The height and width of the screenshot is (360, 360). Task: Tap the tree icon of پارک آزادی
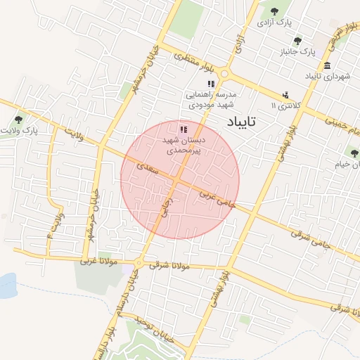pyautogui.click(x=274, y=11)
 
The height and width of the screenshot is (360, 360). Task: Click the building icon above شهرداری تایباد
pyautogui.click(x=328, y=65)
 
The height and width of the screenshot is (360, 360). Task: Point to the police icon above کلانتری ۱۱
pyautogui.click(x=285, y=95)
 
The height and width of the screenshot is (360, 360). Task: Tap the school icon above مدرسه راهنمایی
pyautogui.click(x=210, y=84)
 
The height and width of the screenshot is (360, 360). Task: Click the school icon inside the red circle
pyautogui.click(x=184, y=129)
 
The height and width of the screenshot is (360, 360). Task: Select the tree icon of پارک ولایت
pyautogui.click(x=18, y=119)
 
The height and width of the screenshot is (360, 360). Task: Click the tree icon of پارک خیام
pyautogui.click(x=353, y=152)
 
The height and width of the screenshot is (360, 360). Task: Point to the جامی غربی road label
pyautogui.click(x=219, y=196)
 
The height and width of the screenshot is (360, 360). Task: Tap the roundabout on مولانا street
pyautogui.click(x=139, y=264)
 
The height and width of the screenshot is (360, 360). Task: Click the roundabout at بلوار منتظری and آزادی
pyautogui.click(x=225, y=72)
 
